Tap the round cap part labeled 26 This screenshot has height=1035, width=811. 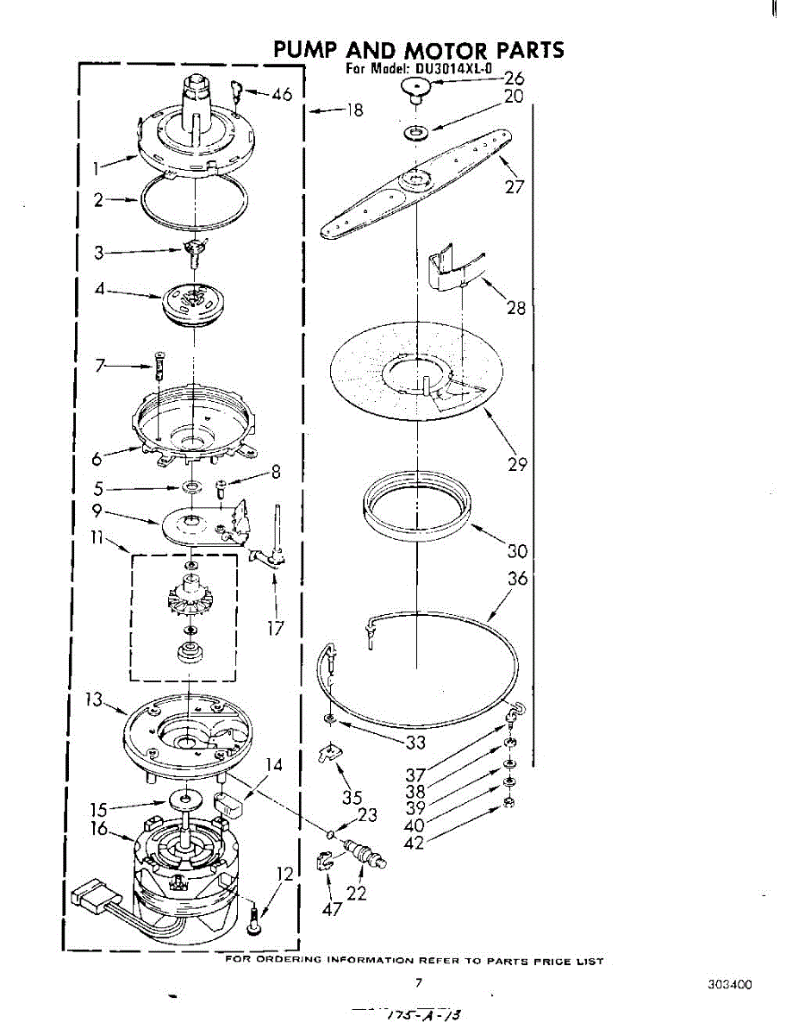(416, 87)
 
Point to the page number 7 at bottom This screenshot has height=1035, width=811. (418, 982)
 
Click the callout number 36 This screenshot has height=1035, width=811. (517, 579)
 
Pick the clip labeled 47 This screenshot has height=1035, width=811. (323, 862)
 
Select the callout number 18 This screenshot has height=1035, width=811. (354, 110)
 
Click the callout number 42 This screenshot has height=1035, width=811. (415, 843)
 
